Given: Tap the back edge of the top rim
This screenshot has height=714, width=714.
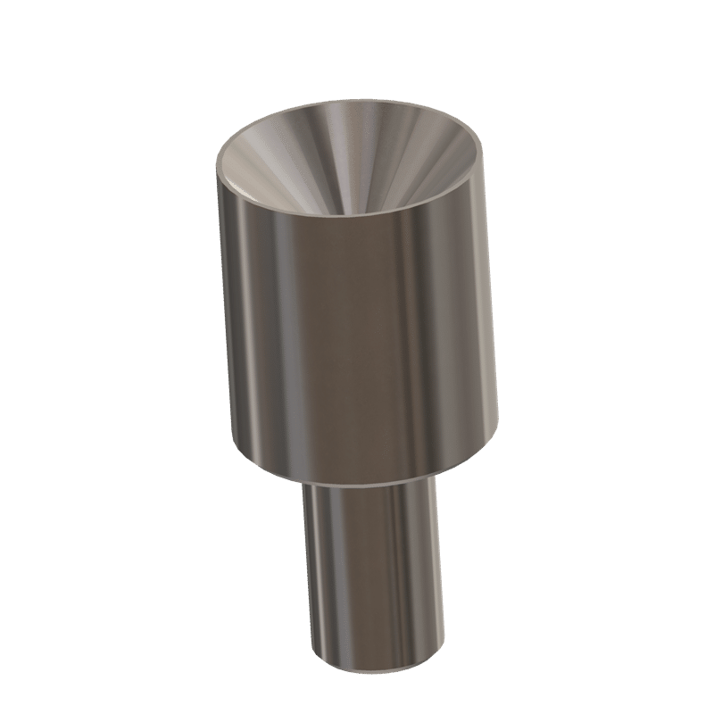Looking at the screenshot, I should tap(357, 101).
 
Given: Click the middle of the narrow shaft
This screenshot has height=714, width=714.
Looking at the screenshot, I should tap(375, 571).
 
